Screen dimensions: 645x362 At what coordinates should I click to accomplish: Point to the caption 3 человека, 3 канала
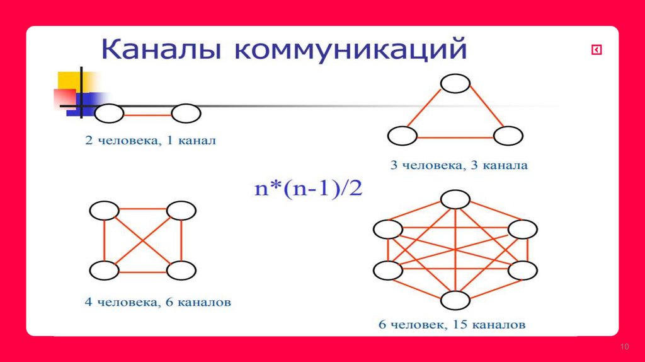coord(459,166)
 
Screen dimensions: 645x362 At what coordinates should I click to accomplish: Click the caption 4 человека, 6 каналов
coord(158,302)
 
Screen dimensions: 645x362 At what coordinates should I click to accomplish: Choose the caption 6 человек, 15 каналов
coord(452,326)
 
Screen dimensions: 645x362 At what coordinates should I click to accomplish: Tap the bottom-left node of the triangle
coord(402,136)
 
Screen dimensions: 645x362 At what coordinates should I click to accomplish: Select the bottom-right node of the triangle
coord(508,136)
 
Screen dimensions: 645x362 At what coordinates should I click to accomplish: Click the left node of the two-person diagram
coord(110,114)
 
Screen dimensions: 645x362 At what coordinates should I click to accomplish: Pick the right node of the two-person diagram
coord(186,114)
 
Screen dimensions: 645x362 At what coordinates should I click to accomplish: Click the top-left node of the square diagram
coord(104,210)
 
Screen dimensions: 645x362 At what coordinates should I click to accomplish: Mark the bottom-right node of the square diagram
coord(181,271)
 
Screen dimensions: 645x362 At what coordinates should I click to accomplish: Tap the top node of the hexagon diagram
coord(455,199)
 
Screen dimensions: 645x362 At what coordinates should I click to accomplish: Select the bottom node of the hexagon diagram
coord(455,300)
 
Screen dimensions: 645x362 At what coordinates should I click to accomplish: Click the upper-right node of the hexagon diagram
coord(522,230)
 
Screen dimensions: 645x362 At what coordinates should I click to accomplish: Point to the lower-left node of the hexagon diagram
coord(387,271)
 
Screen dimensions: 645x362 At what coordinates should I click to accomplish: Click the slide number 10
coord(625,347)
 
